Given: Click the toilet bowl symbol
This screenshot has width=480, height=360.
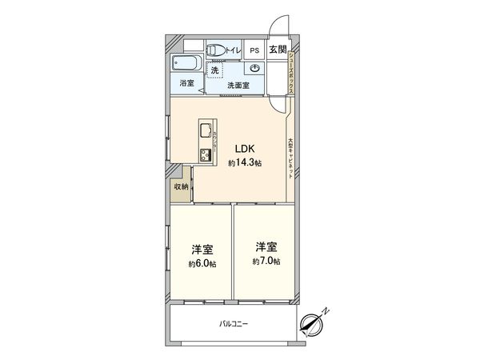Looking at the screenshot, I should point(215,50).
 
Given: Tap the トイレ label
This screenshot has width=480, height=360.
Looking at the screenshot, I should point(234,50).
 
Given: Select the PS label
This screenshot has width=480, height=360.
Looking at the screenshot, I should point(254,50).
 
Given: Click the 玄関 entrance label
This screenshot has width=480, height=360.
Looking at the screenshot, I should point(277,50).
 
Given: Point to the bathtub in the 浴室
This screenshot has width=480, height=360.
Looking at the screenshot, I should point(186,64).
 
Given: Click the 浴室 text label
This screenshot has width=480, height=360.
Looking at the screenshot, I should point(185,83).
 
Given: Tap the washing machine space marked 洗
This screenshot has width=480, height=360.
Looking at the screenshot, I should point(215,70).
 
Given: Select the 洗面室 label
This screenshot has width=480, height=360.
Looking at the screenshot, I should point(238,85).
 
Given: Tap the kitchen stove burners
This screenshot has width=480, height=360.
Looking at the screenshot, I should point(204,154).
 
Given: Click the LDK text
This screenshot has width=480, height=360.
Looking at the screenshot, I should point(244,148).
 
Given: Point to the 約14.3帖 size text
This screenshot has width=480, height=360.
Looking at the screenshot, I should point(243,162).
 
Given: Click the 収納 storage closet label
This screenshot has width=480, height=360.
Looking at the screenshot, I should point(181,186).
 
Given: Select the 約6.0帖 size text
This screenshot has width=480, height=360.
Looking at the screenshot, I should point(202,264).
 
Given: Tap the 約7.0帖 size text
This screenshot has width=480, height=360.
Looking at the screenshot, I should point(266,262).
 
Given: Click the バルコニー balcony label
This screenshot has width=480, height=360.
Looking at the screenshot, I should point(234,324).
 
